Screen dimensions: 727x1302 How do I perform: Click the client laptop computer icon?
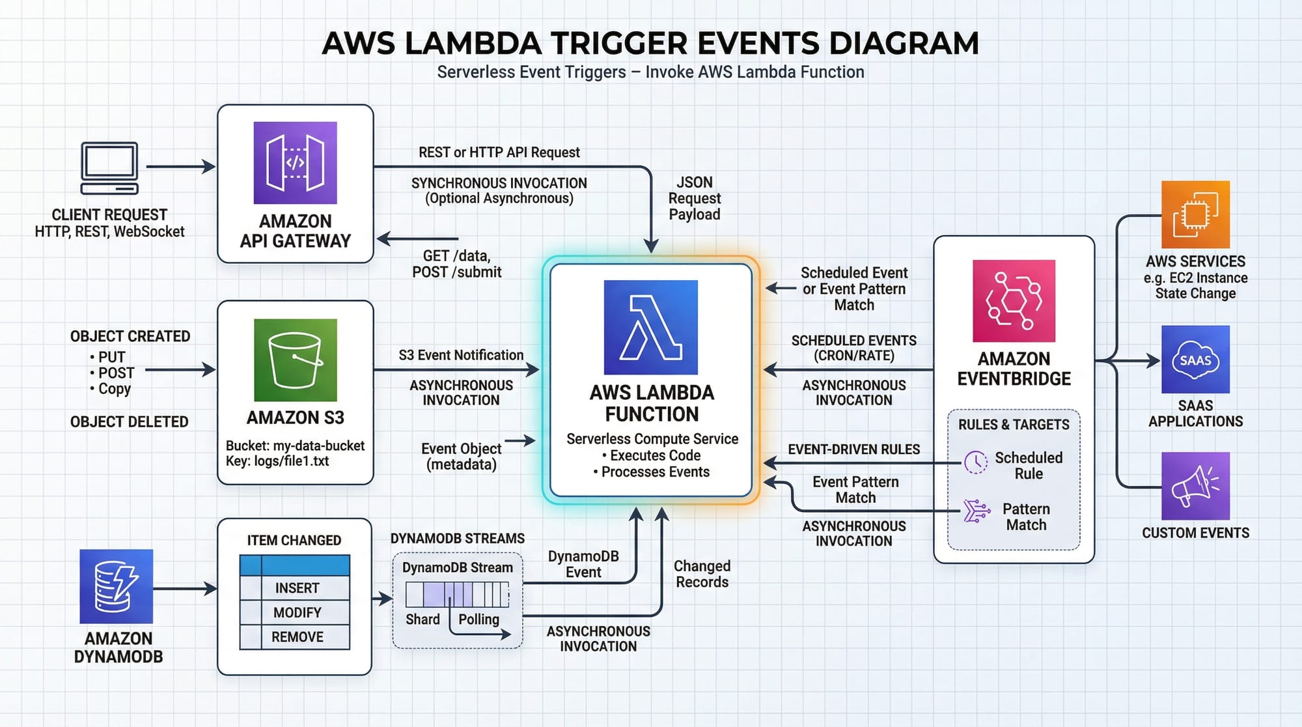tap(109, 168)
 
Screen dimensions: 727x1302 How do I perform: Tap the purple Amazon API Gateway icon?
tap(295, 163)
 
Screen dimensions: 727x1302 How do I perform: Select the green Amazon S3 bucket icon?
tap(295, 360)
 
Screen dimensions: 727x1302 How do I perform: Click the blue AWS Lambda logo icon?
tap(650, 327)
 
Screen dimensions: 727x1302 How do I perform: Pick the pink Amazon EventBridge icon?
tap(1014, 301)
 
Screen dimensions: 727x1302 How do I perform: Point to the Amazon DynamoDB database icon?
tap(117, 586)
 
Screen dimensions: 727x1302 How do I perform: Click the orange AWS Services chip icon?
tap(1195, 214)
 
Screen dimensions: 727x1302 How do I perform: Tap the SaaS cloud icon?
tap(1195, 360)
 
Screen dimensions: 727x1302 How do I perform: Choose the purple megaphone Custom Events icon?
tap(1195, 486)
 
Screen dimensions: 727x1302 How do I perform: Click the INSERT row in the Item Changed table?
tap(296, 588)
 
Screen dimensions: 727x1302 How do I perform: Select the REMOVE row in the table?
tap(296, 637)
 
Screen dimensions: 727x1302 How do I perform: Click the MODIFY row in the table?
tap(296, 612)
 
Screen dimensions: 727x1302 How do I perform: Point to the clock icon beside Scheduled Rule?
tap(975, 463)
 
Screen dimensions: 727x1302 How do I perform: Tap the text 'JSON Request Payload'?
tap(694, 198)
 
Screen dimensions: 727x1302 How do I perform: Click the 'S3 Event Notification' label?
tap(461, 355)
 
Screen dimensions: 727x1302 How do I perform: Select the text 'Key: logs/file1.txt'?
tap(277, 461)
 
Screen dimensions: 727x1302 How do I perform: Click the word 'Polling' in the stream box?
tap(478, 619)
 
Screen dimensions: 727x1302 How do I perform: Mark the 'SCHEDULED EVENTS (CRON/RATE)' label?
tap(853, 348)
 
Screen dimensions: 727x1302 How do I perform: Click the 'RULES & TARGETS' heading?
tap(1014, 425)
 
